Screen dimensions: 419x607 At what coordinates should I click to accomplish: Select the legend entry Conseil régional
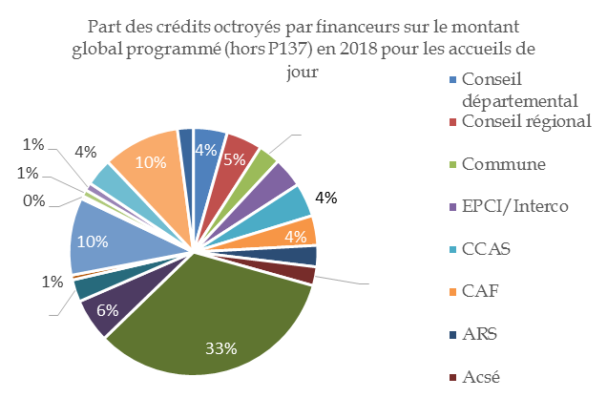[526, 122]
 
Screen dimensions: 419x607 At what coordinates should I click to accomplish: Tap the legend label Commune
[503, 164]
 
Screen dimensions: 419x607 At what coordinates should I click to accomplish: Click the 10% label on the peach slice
[148, 162]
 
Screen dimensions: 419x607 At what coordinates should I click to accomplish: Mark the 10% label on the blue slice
[92, 241]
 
